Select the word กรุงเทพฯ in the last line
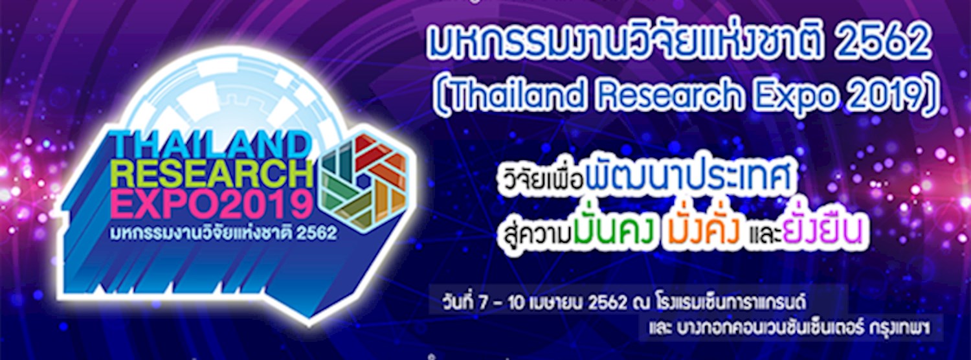coord(902,329)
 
